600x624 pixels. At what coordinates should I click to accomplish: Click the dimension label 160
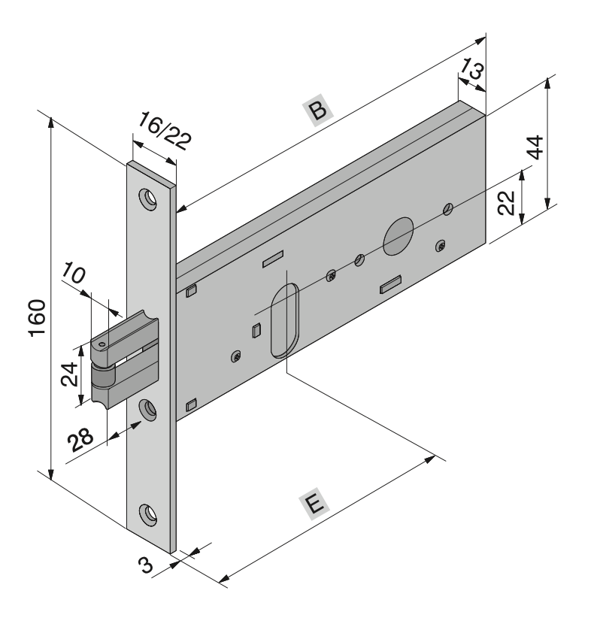[x=37, y=317]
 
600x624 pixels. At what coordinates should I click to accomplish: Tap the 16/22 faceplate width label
[x=164, y=131]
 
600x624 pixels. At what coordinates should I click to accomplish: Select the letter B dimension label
[x=318, y=111]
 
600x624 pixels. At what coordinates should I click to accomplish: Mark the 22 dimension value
[x=507, y=203]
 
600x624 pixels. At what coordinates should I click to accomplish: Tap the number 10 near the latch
[x=73, y=273]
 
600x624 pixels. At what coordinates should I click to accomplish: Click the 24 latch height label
[x=69, y=374]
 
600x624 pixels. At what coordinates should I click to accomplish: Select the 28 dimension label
[x=80, y=440]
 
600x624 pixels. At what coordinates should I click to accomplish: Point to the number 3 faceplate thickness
[x=146, y=565]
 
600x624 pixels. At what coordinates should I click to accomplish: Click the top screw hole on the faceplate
[x=147, y=198]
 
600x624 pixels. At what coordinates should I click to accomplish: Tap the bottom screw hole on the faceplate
[x=147, y=514]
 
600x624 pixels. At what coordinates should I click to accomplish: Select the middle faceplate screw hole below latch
[x=147, y=410]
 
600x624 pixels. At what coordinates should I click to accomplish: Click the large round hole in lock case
[x=398, y=236]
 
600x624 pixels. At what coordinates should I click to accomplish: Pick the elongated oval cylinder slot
[x=284, y=320]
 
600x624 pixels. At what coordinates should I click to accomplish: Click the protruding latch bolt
[x=124, y=359]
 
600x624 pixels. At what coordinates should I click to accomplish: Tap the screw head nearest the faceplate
[x=236, y=356]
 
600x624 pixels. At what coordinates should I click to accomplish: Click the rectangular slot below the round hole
[x=390, y=284]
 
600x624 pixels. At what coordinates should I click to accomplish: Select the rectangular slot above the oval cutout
[x=273, y=259]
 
